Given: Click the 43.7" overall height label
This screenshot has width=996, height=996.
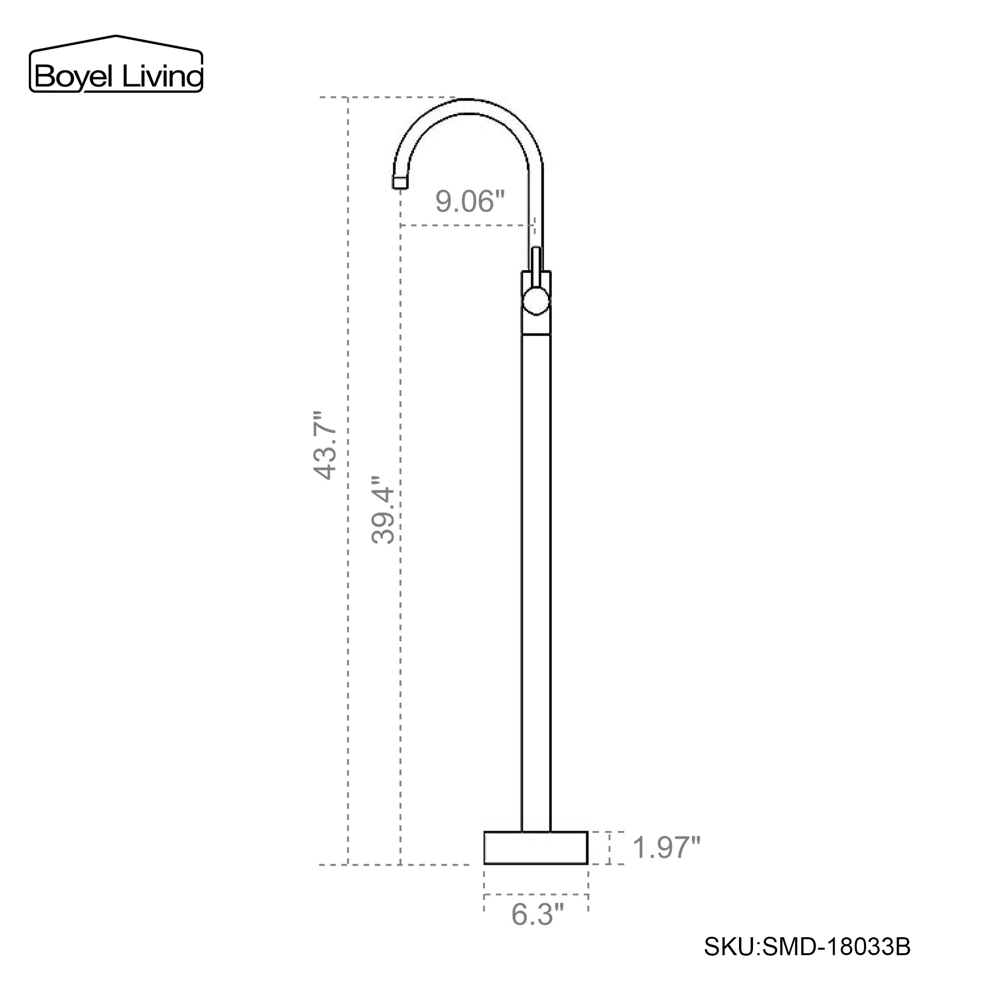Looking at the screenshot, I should pyautogui.click(x=325, y=445).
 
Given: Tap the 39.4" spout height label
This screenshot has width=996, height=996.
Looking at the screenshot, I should pyautogui.click(x=383, y=510).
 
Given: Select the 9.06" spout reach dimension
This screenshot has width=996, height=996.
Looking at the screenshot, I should pyautogui.click(x=470, y=201).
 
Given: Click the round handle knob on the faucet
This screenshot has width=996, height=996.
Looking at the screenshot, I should pyautogui.click(x=536, y=302).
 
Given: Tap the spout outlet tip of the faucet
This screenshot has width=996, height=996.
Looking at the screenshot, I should pyautogui.click(x=400, y=182).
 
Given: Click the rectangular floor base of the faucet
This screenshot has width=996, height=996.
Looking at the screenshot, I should pyautogui.click(x=536, y=848).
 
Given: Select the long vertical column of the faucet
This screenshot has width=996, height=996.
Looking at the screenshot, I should pyautogui.click(x=536, y=567).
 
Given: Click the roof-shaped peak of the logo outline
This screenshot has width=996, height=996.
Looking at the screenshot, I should pyautogui.click(x=116, y=37).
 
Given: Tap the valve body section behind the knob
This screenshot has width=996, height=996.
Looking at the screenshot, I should pyautogui.click(x=536, y=325).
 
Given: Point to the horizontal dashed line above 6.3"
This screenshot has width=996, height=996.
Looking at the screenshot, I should pyautogui.click(x=536, y=895).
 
